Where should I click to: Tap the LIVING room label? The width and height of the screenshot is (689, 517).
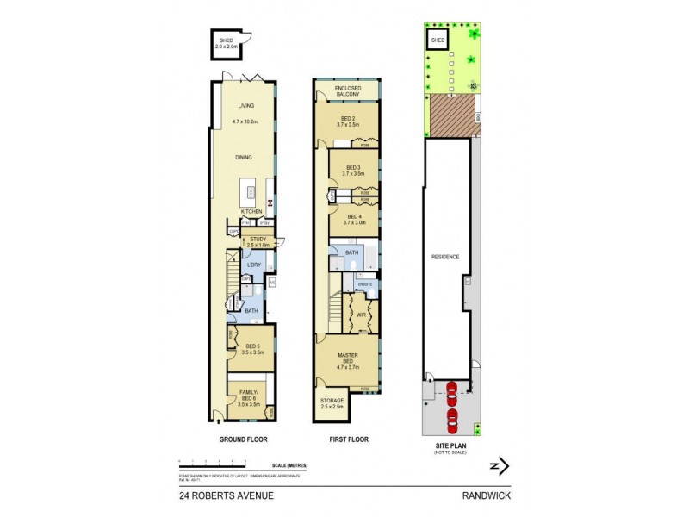(x=248, y=106)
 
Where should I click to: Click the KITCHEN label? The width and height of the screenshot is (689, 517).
(x=251, y=211)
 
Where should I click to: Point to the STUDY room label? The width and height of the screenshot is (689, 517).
(x=258, y=240)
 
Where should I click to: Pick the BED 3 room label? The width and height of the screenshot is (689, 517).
(x=353, y=168)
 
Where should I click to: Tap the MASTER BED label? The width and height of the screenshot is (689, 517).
(x=349, y=358)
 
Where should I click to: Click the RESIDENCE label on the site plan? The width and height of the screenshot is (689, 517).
(x=446, y=257)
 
